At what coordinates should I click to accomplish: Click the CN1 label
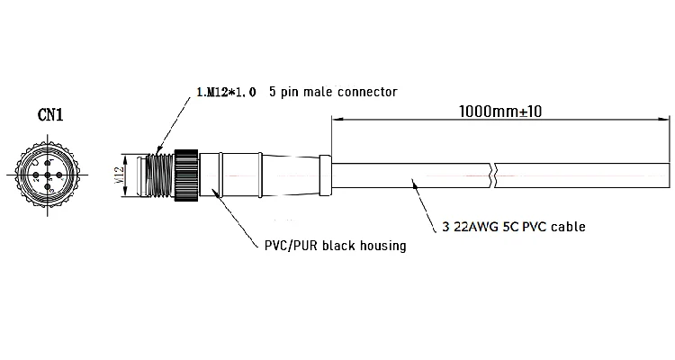50,114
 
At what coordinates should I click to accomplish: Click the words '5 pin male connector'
334,92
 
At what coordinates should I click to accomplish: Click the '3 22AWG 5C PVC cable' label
514,227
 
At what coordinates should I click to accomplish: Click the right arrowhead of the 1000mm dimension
666,120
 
